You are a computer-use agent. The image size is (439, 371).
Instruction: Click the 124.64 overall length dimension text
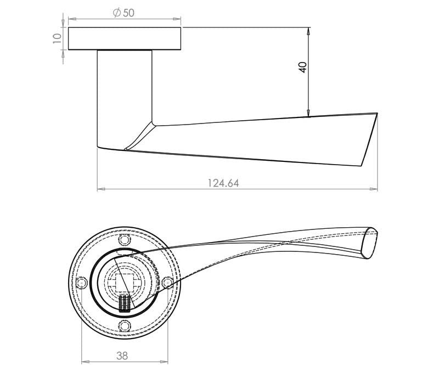coord(223,183)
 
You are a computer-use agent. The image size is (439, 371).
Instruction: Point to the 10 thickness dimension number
coord(57,38)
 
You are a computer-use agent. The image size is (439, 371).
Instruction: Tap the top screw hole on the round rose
coord(125,240)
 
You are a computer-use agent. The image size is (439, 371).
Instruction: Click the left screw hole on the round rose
coord(82,283)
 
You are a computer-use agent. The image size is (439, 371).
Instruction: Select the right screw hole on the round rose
coord(167,283)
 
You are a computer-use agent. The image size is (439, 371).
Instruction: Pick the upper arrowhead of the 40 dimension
coord(309,30)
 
